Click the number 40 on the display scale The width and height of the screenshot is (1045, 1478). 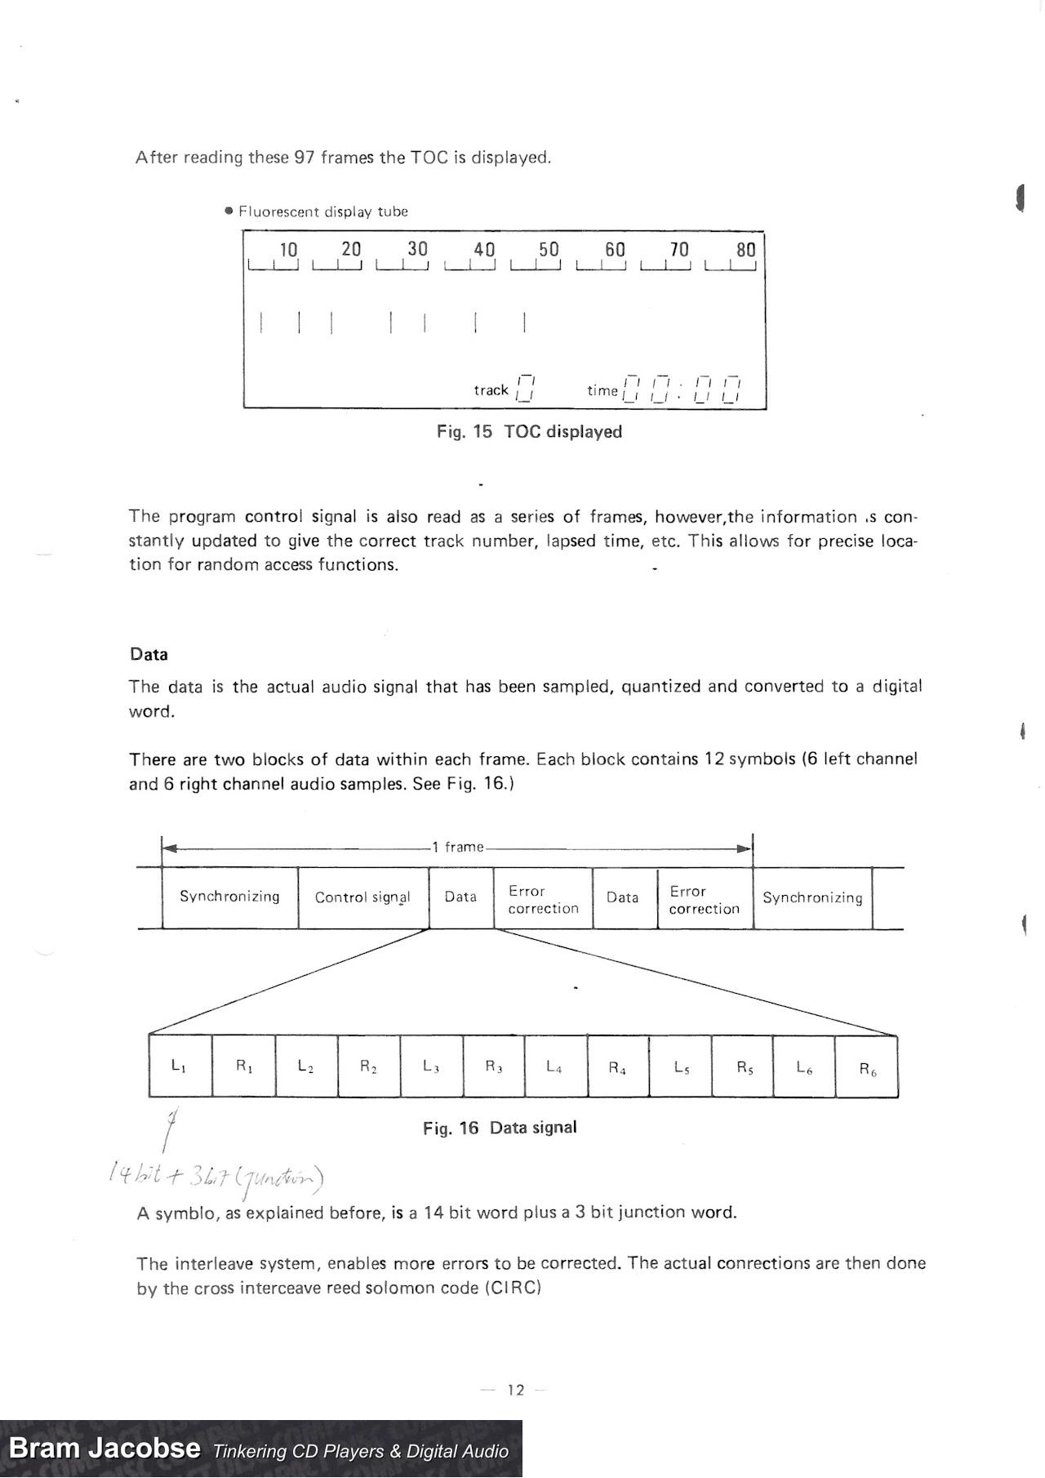(484, 249)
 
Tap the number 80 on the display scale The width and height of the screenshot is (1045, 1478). (746, 250)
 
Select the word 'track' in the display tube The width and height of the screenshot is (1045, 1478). (491, 390)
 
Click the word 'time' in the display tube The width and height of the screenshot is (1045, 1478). (603, 391)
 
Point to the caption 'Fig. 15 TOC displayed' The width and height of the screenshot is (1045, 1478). (529, 432)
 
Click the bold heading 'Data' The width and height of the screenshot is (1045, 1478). (149, 654)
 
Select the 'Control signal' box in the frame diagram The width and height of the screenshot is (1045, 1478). (362, 897)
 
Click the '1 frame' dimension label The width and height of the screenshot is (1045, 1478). (458, 847)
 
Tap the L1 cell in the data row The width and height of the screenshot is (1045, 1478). (180, 1066)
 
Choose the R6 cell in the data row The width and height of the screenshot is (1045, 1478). (867, 1069)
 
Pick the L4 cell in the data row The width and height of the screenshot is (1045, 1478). (554, 1066)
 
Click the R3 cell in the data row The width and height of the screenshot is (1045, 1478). (494, 1066)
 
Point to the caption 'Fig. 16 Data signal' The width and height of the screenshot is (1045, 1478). (500, 1128)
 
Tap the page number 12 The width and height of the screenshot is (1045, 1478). (516, 1390)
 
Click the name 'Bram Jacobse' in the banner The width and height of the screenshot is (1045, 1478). (104, 1449)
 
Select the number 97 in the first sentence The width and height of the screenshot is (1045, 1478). (304, 157)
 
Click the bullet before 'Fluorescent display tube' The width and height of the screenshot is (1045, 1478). (229, 211)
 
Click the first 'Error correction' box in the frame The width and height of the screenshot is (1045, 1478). (543, 899)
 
